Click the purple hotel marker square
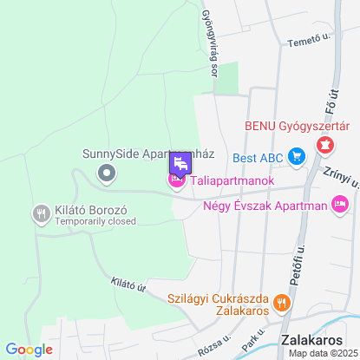tap(180, 162)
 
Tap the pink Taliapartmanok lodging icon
tap(176, 180)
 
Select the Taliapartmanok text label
tap(232, 180)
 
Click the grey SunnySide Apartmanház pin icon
tap(107, 173)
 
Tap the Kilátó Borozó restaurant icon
tap(41, 213)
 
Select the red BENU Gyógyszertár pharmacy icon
tap(325, 144)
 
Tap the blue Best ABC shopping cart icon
tap(297, 157)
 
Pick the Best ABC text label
tap(258, 158)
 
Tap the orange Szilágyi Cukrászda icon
tap(281, 303)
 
